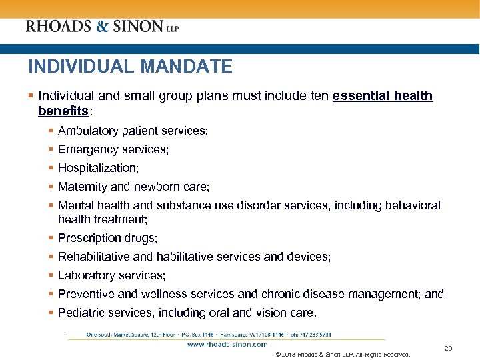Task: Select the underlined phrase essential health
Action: click(383, 96)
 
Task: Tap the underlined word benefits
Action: click(63, 109)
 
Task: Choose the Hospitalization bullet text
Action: click(98, 169)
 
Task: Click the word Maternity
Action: click(81, 187)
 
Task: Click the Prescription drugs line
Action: click(107, 238)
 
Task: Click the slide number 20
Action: click(448, 349)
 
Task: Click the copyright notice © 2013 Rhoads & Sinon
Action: click(342, 355)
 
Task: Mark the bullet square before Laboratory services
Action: click(51, 275)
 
